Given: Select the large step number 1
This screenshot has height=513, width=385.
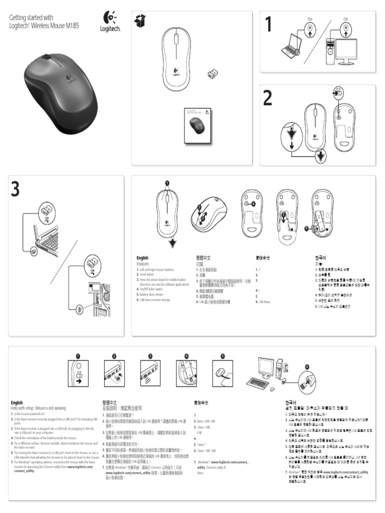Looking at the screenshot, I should pos(269,25).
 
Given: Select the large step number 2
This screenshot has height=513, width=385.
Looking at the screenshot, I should pos(268,99).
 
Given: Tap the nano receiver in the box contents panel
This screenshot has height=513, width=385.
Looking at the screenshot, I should pos(213,75).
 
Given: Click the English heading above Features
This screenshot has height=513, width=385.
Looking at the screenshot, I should pos(142,258).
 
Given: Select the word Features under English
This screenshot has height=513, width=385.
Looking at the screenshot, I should pos(143,264).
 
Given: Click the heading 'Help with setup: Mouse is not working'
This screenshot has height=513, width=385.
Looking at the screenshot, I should pos(39,408).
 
